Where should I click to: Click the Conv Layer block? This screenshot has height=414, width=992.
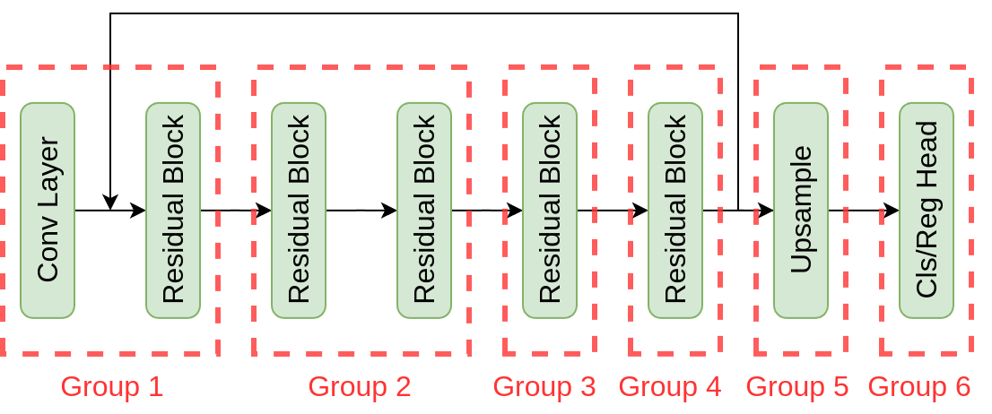click(48, 211)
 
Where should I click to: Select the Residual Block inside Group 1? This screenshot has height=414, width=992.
click(173, 211)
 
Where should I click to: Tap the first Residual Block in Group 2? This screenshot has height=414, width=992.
click(299, 211)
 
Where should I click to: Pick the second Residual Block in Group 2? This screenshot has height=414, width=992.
click(424, 211)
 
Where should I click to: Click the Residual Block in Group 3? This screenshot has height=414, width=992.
click(550, 211)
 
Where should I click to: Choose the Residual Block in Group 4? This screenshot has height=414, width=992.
click(675, 211)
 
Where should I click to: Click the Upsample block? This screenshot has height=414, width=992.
click(801, 211)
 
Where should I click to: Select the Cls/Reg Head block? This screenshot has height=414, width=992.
click(927, 211)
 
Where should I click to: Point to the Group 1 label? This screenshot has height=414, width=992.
click(112, 387)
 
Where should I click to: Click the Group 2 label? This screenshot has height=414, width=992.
click(360, 387)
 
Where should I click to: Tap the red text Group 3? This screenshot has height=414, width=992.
click(544, 387)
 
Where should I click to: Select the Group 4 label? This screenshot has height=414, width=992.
click(670, 387)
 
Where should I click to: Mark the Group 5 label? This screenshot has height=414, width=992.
click(797, 387)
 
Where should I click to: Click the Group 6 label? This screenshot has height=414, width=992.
click(919, 387)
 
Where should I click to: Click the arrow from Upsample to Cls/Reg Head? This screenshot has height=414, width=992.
click(863, 211)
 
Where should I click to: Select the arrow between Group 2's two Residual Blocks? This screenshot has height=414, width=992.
click(361, 211)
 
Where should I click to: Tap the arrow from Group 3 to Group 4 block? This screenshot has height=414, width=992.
click(612, 211)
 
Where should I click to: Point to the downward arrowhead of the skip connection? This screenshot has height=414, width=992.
click(110, 202)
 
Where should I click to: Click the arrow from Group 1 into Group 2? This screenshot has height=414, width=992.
click(235, 211)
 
